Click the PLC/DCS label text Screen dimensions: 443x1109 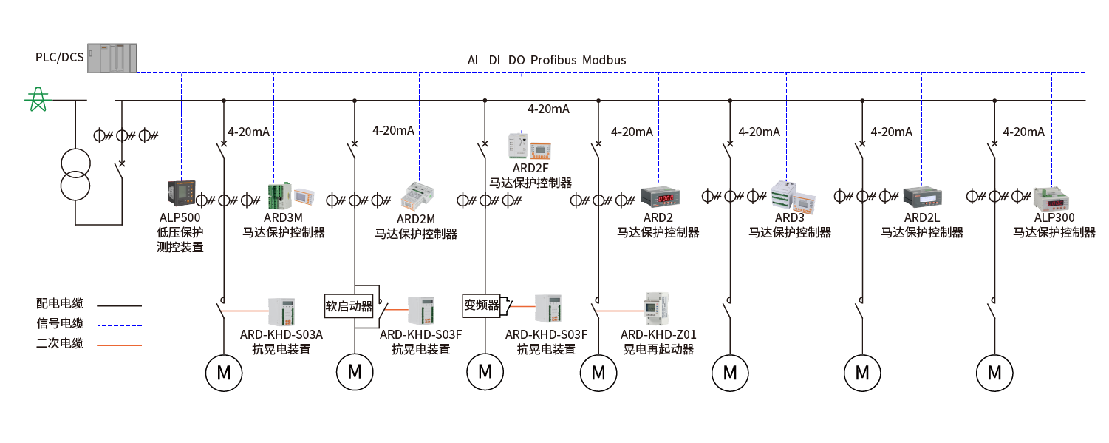point(60,57)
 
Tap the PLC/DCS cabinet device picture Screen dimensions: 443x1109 point(112,58)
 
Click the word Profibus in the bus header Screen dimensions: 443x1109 point(553,60)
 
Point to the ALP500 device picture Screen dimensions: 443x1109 point(180,195)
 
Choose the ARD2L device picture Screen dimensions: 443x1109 point(921,197)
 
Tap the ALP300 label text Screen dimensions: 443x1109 point(1054,217)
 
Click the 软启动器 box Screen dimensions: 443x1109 point(349,305)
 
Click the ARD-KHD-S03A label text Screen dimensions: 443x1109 point(281,334)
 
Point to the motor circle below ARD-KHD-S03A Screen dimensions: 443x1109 point(223,373)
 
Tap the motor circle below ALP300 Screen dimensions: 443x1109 point(994,372)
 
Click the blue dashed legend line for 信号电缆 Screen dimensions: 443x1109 point(119,325)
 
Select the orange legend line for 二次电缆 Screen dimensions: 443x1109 point(119,345)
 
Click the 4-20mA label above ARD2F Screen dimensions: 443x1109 point(548,109)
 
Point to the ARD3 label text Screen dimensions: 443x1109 point(789,217)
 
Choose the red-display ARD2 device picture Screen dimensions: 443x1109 point(659,197)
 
